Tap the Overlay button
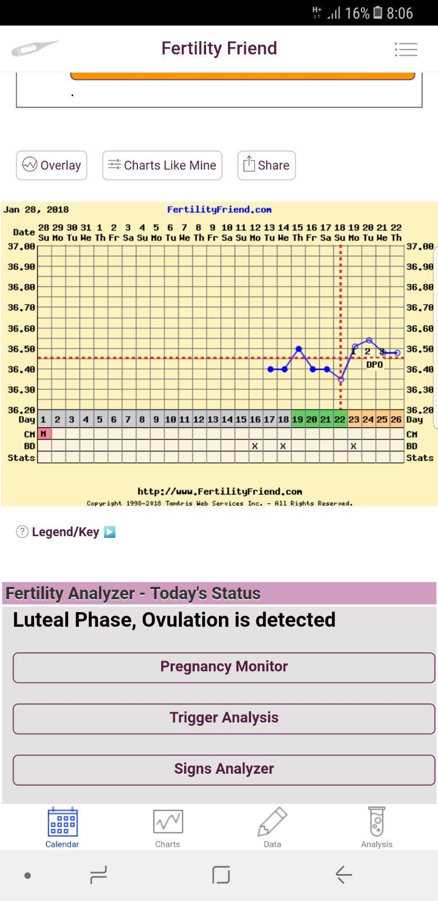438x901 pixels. click(52, 166)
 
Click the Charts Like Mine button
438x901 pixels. click(162, 166)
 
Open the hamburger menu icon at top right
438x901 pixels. click(406, 50)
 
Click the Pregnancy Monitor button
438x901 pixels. click(224, 667)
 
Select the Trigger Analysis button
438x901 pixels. click(224, 718)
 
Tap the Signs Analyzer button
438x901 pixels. click(224, 769)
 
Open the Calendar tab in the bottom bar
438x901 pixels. click(62, 827)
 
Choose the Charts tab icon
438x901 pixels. click(168, 827)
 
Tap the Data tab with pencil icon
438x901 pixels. click(272, 827)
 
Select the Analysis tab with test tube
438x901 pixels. click(377, 827)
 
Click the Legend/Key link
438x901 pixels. click(65, 532)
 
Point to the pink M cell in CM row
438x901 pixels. click(44, 434)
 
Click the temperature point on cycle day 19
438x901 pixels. click(298, 349)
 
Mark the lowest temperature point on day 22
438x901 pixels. click(341, 380)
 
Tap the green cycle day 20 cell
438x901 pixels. click(312, 420)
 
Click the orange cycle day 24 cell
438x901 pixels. click(368, 420)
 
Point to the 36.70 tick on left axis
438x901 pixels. click(21, 308)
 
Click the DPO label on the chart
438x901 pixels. click(374, 365)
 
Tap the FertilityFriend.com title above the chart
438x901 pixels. click(219, 210)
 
